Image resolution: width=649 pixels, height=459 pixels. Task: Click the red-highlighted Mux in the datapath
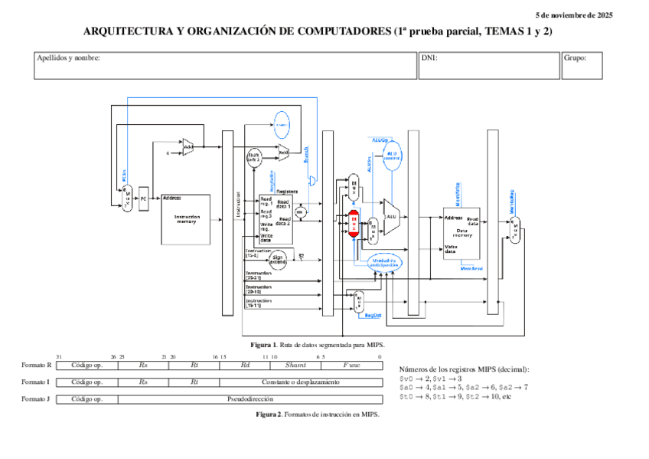click(x=354, y=222)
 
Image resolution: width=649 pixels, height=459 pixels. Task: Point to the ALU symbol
click(x=391, y=217)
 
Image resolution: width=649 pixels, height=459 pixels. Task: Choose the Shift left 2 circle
click(x=254, y=157)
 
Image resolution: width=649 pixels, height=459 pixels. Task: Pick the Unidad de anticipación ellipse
click(x=384, y=263)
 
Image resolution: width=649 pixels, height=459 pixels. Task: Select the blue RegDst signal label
click(x=372, y=315)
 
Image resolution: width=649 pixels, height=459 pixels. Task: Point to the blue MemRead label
click(x=471, y=267)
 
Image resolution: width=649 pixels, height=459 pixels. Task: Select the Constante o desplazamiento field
click(x=300, y=382)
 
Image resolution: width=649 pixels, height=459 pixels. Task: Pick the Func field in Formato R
click(x=351, y=366)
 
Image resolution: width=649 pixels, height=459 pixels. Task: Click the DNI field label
click(x=429, y=58)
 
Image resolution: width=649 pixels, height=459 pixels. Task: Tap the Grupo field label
click(x=574, y=58)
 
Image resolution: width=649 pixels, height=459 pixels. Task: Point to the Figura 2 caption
click(x=317, y=414)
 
